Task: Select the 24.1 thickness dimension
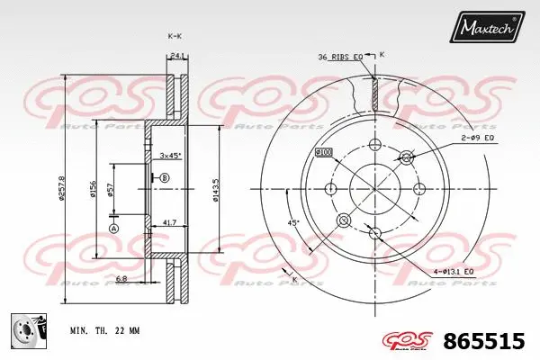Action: (178, 56)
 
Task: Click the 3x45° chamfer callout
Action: (170, 155)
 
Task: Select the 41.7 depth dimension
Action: (170, 222)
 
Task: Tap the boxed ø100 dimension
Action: (324, 153)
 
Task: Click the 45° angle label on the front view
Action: (292, 222)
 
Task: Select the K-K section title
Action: (175, 35)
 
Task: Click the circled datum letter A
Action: (113, 229)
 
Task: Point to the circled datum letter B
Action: (166, 179)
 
